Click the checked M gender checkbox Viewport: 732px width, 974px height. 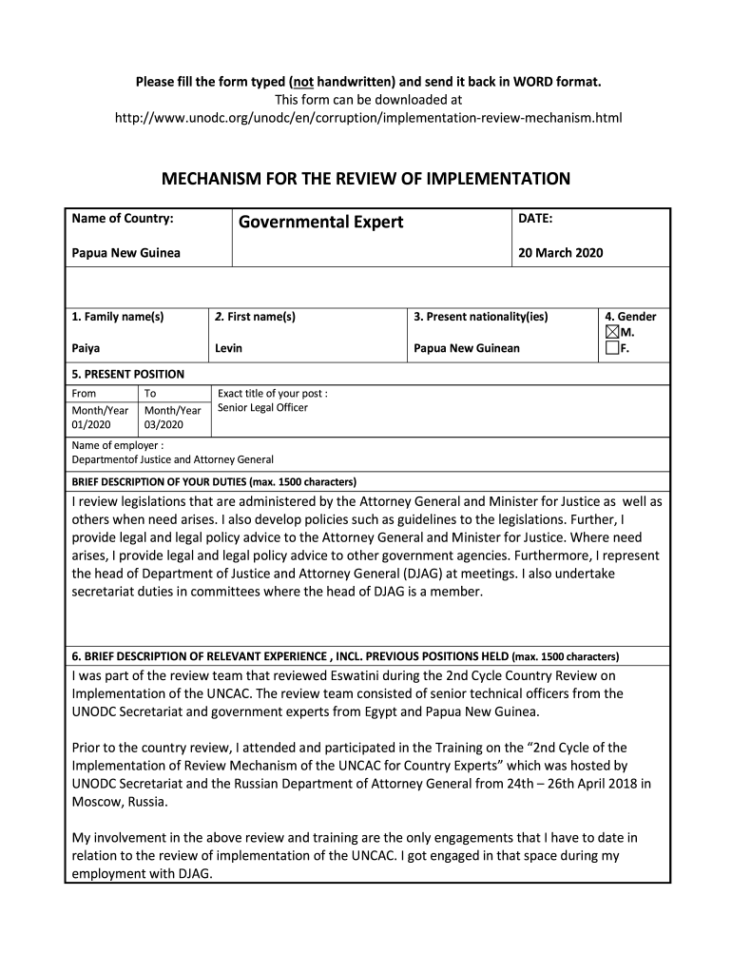point(612,333)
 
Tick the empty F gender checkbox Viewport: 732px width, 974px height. point(612,349)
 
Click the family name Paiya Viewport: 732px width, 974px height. point(87,348)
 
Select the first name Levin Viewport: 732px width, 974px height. point(228,348)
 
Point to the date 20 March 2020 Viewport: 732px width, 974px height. point(560,253)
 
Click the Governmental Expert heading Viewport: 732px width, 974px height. point(320,223)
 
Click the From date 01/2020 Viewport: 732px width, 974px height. point(90,424)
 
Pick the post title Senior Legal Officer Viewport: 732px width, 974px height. point(262,408)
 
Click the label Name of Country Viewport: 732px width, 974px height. point(123,219)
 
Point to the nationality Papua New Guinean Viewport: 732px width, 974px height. point(467,348)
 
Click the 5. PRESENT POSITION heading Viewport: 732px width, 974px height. point(128,374)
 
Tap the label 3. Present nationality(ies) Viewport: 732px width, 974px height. point(481,317)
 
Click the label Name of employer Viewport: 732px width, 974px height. point(118,445)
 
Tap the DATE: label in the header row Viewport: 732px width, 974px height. point(535,219)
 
